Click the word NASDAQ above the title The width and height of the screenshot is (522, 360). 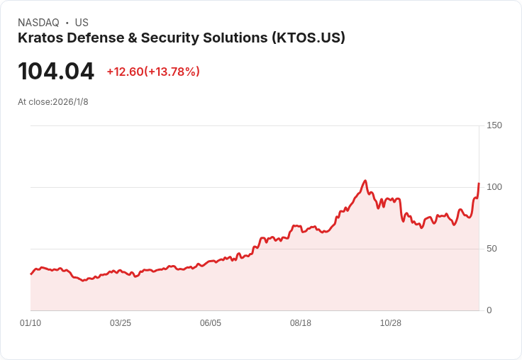(38, 23)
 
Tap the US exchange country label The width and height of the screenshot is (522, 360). (82, 23)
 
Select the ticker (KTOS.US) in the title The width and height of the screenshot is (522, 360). (309, 38)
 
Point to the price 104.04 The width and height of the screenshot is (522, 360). (56, 71)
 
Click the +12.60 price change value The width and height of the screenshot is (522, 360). (125, 72)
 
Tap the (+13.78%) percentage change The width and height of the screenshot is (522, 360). (172, 72)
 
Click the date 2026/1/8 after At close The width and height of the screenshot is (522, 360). (70, 102)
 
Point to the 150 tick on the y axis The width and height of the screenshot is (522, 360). (494, 125)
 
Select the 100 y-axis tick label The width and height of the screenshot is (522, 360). (494, 187)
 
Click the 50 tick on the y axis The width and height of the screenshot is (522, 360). (492, 249)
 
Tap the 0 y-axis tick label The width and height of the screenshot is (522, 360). (489, 310)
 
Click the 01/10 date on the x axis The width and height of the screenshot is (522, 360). (30, 323)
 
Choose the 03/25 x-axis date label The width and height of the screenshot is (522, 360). (121, 323)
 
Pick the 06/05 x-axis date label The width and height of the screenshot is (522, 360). (211, 323)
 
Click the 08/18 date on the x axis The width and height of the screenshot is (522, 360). (301, 323)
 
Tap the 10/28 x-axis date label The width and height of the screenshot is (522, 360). (391, 323)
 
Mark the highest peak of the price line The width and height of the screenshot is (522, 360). (365, 181)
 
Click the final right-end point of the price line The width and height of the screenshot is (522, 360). (479, 184)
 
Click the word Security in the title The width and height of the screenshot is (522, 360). (170, 38)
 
